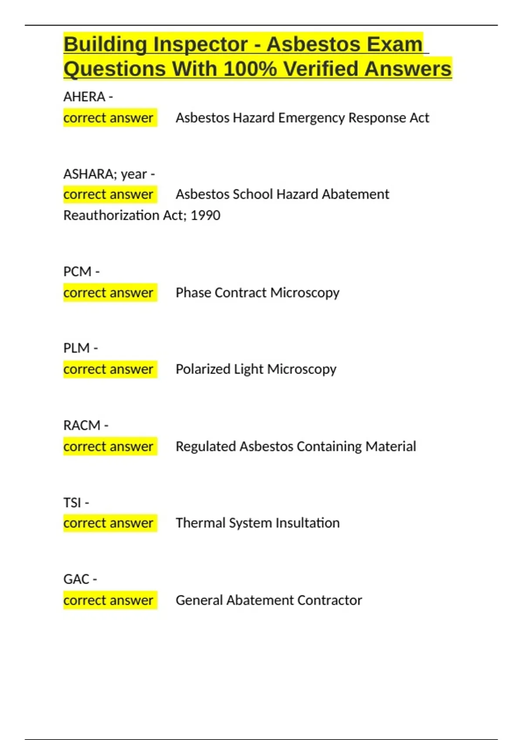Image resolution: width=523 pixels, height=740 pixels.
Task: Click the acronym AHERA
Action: click(x=84, y=97)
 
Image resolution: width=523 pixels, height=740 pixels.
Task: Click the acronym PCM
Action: click(x=77, y=272)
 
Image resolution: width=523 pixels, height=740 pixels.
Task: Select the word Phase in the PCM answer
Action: click(x=193, y=293)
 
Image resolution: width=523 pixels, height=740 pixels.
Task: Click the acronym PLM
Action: click(x=76, y=348)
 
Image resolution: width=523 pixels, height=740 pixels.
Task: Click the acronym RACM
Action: click(x=82, y=425)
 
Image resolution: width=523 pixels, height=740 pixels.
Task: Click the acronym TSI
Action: click(x=72, y=503)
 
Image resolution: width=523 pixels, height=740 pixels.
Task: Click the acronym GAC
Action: click(x=76, y=579)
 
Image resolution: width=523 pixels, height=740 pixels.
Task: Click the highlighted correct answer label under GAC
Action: click(x=109, y=600)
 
